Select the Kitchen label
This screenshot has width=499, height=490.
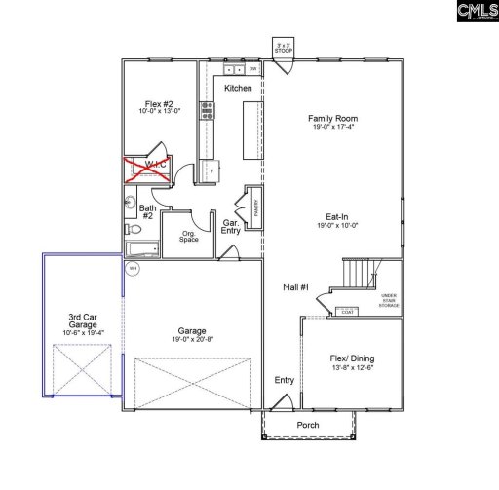[238, 89]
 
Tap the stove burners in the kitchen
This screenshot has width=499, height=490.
[207, 109]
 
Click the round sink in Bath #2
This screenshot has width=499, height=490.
[130, 203]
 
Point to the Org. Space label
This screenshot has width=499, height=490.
[191, 237]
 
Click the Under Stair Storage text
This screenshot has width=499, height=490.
[388, 300]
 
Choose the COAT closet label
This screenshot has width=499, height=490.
[345, 312]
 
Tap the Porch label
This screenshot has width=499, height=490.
[307, 425]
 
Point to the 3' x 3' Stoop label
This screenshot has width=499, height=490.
[284, 48]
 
